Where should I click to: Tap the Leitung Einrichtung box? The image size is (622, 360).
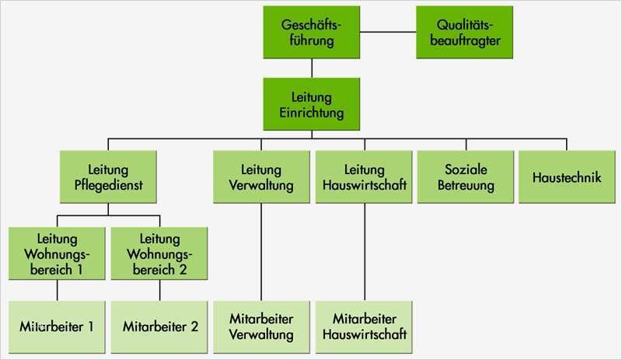click(312, 104)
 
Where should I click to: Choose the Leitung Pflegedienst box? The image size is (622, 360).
click(109, 177)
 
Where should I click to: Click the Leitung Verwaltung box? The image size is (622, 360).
click(262, 177)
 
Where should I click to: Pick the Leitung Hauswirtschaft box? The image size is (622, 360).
click(364, 177)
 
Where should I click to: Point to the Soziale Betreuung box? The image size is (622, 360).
click(466, 177)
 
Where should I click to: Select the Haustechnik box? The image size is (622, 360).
click(567, 177)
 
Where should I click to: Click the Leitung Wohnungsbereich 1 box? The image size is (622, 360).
click(58, 253)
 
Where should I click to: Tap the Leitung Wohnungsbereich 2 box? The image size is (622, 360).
click(159, 253)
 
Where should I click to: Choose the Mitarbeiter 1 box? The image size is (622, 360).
click(58, 326)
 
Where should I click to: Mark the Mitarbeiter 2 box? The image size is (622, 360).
click(159, 326)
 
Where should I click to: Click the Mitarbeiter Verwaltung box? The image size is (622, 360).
click(262, 326)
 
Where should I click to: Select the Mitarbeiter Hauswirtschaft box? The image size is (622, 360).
click(364, 326)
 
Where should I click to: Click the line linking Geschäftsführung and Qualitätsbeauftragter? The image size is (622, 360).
click(388, 33)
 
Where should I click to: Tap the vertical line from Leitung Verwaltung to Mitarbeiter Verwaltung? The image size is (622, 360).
click(262, 250)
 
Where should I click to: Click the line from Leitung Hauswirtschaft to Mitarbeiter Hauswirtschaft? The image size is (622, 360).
click(364, 250)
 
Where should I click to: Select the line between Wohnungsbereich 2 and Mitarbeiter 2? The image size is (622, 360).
click(159, 289)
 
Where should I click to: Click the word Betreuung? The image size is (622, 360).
click(466, 186)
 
